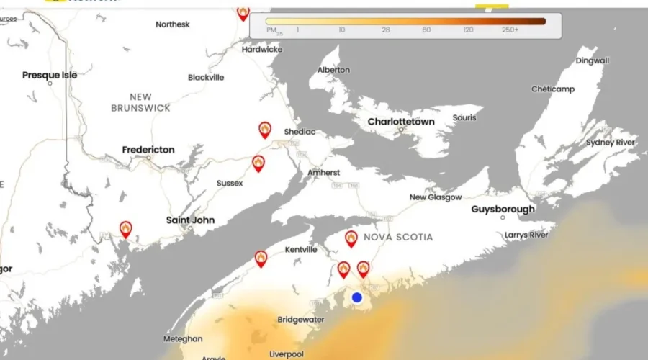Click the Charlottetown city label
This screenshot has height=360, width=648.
[x=401, y=122]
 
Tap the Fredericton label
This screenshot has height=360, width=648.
[x=148, y=150]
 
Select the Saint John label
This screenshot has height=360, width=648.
[x=190, y=220]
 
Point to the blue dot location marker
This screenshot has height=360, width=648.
[x=356, y=297]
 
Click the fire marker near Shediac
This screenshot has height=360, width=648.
[x=266, y=130]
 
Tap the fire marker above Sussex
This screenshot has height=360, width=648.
[x=258, y=163]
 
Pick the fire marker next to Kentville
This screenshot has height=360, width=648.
[x=261, y=258]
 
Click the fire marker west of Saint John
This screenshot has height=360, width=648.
[x=126, y=230]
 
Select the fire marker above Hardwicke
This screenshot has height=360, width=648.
[x=243, y=12]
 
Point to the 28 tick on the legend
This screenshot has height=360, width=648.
[x=386, y=30]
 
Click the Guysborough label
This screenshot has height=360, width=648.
[x=503, y=210]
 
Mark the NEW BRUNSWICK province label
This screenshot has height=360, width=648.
[x=140, y=102]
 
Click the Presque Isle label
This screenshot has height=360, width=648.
[x=50, y=75]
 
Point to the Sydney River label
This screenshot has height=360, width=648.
[x=611, y=143]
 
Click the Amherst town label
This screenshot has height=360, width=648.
[x=324, y=173]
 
